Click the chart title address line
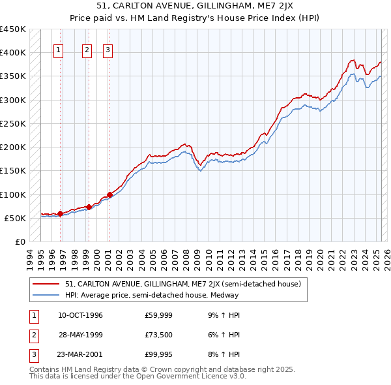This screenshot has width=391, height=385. point(195,7)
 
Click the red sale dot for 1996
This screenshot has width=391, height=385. point(60,213)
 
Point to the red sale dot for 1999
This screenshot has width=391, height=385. point(89,207)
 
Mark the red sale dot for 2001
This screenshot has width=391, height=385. point(109,194)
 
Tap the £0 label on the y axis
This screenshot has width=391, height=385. point(20,242)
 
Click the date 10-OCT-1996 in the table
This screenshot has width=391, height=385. point(80,316)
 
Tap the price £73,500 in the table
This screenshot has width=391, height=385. point(158,335)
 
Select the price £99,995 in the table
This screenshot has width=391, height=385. point(158,354)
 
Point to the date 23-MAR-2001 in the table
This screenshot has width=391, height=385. point(80,354)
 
